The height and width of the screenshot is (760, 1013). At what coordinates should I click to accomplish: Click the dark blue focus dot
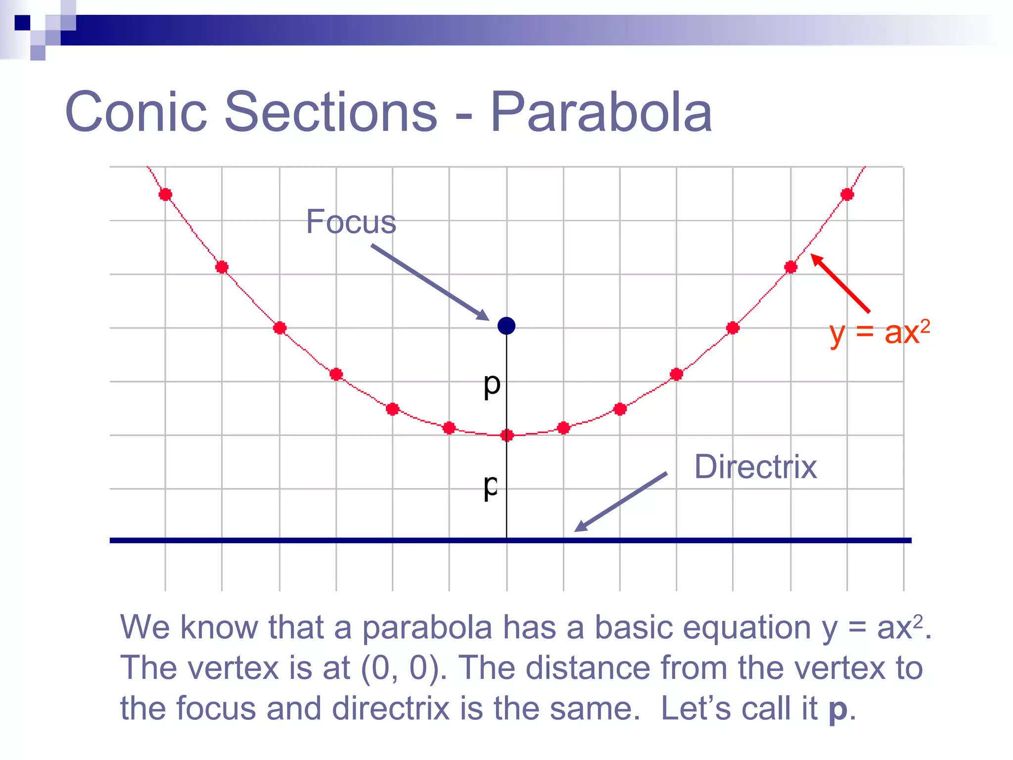point(506,326)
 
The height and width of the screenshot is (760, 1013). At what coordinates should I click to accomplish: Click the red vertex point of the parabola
point(506,435)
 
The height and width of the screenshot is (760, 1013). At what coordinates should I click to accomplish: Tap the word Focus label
point(351,222)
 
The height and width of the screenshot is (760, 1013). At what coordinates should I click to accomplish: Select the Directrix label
point(755,467)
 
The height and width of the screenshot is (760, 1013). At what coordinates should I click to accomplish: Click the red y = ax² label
point(879,332)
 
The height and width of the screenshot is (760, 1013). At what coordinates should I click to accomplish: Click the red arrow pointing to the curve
point(840,283)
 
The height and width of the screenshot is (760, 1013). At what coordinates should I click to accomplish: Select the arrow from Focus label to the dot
point(429,282)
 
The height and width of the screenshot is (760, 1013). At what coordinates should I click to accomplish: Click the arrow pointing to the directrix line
point(621,501)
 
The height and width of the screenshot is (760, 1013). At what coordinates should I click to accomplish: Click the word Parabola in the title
point(600,113)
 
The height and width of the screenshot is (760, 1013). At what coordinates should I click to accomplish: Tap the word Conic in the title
point(136,113)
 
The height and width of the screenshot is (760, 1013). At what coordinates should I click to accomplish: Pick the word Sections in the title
point(330,113)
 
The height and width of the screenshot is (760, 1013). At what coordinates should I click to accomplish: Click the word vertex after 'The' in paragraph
point(233,668)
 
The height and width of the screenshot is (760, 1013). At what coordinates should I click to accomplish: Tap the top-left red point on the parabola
point(165,194)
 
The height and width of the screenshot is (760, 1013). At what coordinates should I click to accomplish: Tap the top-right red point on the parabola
point(847,194)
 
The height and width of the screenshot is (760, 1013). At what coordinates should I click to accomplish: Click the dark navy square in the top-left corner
point(22,23)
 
